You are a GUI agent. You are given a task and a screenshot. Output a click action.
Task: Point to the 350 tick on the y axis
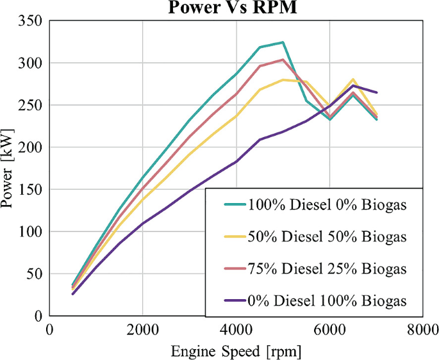[x=31, y=21]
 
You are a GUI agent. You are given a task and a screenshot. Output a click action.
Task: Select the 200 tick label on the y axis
[x=31, y=147]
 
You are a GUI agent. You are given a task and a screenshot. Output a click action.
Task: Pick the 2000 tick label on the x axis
[x=142, y=329]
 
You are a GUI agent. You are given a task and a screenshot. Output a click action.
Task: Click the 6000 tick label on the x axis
[x=329, y=329]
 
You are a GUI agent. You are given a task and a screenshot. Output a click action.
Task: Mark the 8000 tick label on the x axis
[x=422, y=329]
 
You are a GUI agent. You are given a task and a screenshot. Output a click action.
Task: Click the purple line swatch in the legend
[x=230, y=300]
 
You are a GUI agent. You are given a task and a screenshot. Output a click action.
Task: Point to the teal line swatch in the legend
[x=230, y=206]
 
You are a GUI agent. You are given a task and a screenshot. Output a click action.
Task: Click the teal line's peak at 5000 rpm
[x=283, y=43]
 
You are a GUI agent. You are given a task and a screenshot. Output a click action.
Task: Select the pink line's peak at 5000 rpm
[x=283, y=60]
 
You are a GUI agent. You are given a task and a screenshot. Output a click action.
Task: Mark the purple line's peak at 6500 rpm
[x=353, y=86]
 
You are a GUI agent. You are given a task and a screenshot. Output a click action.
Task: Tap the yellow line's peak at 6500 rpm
[x=353, y=79]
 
